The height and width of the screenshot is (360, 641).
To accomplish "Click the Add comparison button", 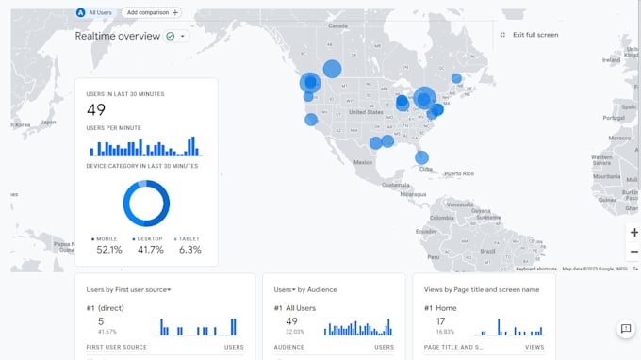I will pyautogui.click(x=152, y=13).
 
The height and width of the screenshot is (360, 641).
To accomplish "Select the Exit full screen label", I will pyautogui.click(x=534, y=35).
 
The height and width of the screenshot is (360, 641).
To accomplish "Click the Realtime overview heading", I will pyautogui.click(x=118, y=36).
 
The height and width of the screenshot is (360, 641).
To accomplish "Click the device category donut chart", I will pyautogui.click(x=146, y=204).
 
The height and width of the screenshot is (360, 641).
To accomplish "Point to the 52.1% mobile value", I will pyautogui.click(x=108, y=250).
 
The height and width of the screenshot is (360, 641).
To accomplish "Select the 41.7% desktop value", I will pyautogui.click(x=150, y=250).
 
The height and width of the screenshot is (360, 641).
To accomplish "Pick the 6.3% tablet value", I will pyautogui.click(x=189, y=250).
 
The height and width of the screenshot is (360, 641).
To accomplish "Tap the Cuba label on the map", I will pyautogui.click(x=426, y=170).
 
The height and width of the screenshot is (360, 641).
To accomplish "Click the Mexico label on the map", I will pyautogui.click(x=363, y=162).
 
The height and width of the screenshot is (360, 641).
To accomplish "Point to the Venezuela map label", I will pyautogui.click(x=459, y=205).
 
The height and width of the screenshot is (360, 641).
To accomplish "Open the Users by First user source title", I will pyautogui.click(x=128, y=289).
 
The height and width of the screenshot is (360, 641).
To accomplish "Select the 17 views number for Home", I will pyautogui.click(x=439, y=321).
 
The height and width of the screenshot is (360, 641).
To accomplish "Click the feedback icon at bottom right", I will pyautogui.click(x=625, y=329).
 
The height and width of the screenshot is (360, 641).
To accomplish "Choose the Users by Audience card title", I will pyautogui.click(x=305, y=289).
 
